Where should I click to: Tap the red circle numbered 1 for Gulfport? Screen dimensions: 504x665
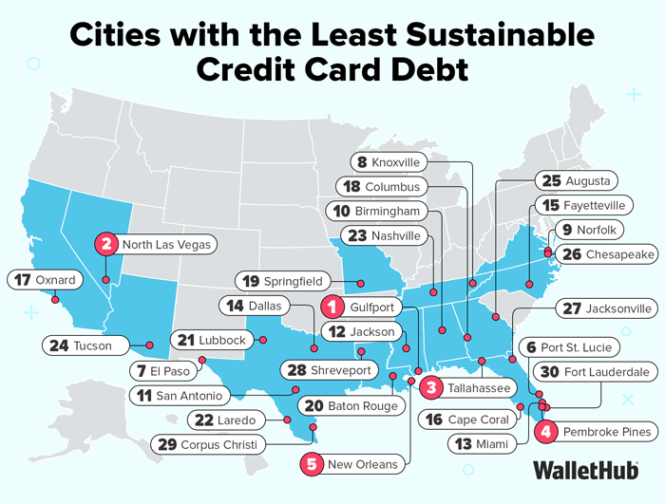[332, 308]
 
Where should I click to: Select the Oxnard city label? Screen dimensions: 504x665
[46, 280]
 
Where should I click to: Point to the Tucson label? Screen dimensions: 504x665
[84, 345]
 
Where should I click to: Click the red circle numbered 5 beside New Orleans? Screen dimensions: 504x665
[313, 464]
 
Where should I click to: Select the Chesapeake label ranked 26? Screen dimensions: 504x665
[608, 254]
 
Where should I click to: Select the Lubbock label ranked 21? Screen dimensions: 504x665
[214, 340]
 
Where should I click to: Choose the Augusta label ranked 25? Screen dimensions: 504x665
[577, 180]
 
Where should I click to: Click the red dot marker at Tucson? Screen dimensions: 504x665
[149, 345]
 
